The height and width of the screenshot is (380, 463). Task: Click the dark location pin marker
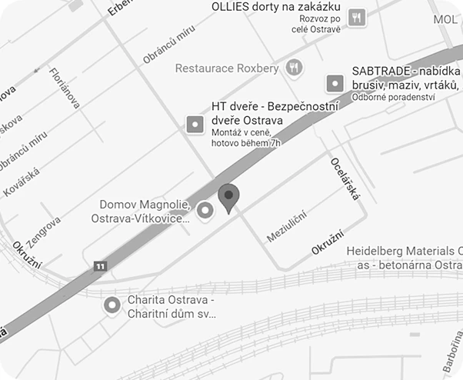pos(228,197)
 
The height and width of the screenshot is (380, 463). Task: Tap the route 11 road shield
pos(100,265)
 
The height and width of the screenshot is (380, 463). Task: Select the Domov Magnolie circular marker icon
pos(205,209)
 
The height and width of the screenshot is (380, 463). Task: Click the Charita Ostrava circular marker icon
pos(112,305)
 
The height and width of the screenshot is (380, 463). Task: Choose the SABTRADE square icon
pos(335,82)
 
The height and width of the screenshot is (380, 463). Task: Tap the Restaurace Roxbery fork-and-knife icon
pos(293,68)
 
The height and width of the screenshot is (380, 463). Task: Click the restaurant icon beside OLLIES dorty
pos(356,17)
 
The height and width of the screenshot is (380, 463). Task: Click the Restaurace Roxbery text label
pos(227,68)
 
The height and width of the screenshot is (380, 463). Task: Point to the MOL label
pos(446,19)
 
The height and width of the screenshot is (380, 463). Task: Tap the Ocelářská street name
pos(345,178)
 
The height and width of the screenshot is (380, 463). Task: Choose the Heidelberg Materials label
pos(405,252)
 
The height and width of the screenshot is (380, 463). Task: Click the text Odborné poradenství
pos(394,97)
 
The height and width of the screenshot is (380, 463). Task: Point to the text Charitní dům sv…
pos(172,314)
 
